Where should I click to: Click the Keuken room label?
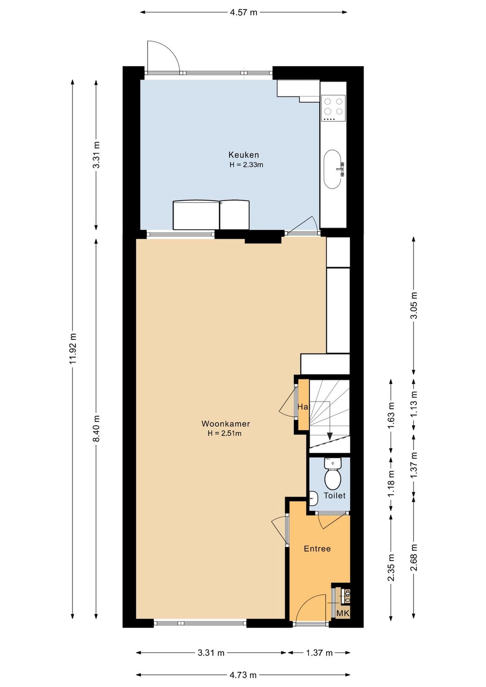(x=243, y=154)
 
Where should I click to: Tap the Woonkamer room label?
(x=226, y=424)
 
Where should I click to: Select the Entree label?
(x=317, y=548)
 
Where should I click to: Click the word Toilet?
(x=334, y=495)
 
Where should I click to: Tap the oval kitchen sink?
(x=333, y=169)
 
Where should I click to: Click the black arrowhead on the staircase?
(x=329, y=436)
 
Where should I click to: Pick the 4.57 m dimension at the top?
(x=243, y=13)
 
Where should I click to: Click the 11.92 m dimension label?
(x=72, y=348)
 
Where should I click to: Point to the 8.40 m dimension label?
(x=96, y=429)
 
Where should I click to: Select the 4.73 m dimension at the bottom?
(x=243, y=675)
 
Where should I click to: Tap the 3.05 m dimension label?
(x=414, y=306)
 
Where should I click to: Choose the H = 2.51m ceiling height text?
(x=225, y=434)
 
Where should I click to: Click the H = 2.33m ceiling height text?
(x=246, y=165)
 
